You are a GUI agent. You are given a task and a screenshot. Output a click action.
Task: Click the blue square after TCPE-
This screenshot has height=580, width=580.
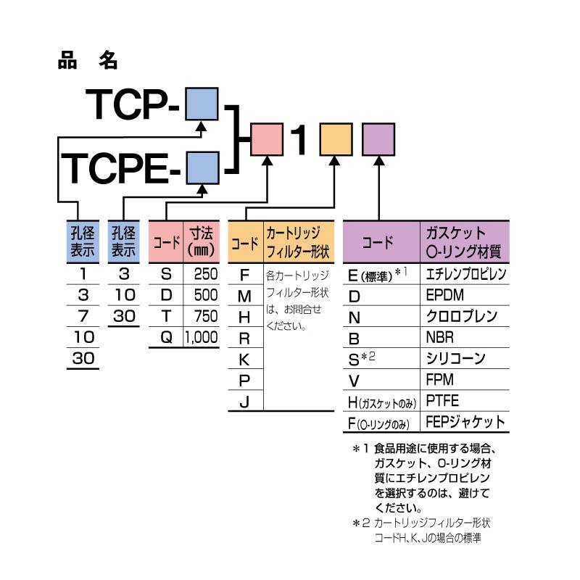point(203,169)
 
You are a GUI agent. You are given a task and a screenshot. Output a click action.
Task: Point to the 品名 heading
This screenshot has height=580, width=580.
point(86,61)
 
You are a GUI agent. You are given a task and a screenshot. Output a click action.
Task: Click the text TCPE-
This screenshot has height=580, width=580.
point(123,169)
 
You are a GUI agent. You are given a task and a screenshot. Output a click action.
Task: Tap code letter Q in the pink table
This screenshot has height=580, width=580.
point(166,337)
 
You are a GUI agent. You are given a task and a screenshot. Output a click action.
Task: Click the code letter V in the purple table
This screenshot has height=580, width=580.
point(355,379)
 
